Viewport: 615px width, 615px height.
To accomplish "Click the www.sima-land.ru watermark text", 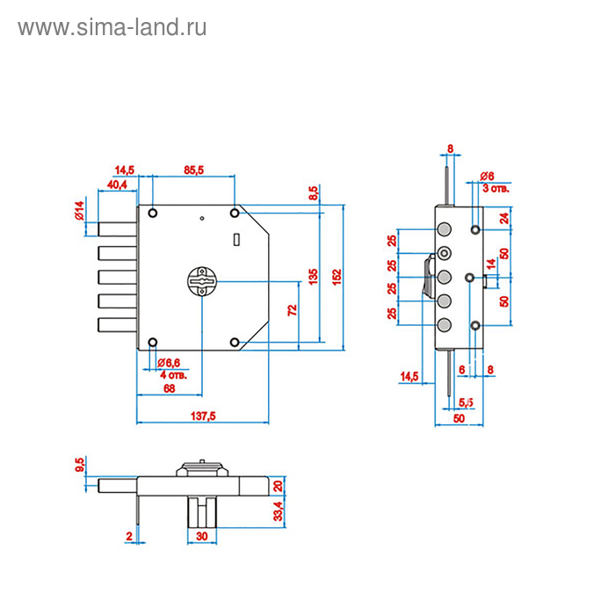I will click(112, 27).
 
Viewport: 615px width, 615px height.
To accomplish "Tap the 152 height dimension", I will click(335, 274).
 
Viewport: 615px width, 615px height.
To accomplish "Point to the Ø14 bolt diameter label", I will click(79, 212).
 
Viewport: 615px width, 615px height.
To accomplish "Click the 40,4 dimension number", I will click(117, 184).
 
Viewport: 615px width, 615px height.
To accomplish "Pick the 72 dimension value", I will click(292, 310).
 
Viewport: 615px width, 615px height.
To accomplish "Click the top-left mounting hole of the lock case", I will click(153, 213).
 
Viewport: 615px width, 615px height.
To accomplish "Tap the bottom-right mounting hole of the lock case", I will click(235, 342).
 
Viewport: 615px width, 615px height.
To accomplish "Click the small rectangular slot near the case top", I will click(235, 239).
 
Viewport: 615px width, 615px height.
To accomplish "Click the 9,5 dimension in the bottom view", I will click(80, 465).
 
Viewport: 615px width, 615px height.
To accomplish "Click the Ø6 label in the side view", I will click(488, 176).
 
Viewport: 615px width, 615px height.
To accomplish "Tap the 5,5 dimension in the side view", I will click(467, 402).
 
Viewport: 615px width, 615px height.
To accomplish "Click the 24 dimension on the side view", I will click(504, 218).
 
